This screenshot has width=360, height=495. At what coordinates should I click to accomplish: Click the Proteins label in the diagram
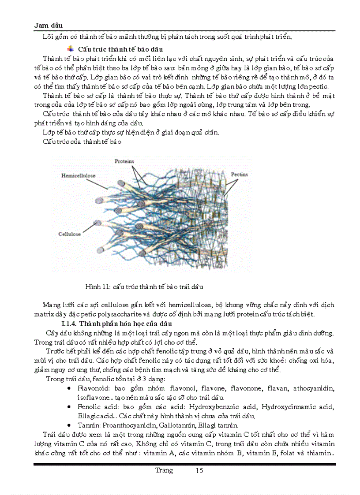pyautogui.click(x=124, y=161)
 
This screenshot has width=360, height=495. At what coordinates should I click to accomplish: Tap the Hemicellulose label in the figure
pyautogui.click(x=78, y=175)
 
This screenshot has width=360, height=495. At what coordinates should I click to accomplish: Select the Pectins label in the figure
pyautogui.click(x=240, y=175)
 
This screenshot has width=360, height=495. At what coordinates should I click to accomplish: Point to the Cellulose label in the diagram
pyautogui.click(x=69, y=234)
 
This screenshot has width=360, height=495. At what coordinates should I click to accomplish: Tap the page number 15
pyautogui.click(x=199, y=471)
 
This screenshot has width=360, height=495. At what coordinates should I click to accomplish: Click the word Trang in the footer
pyautogui.click(x=164, y=471)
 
